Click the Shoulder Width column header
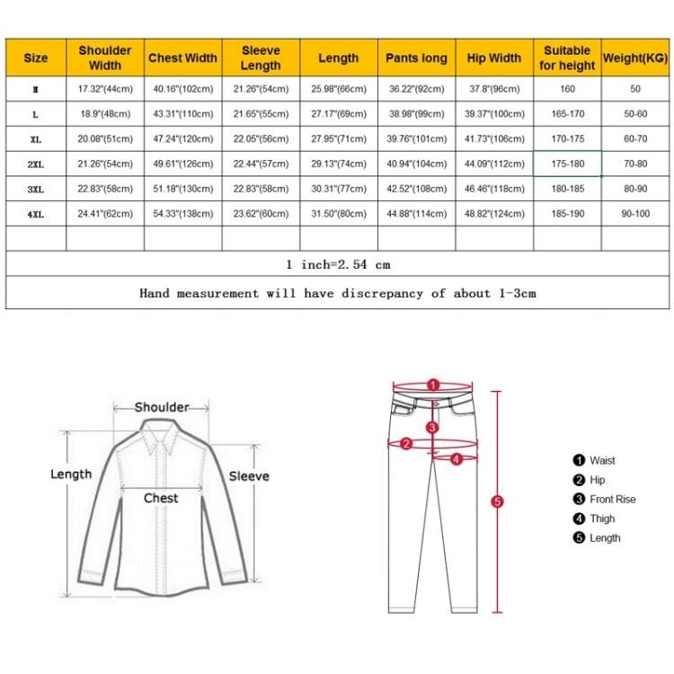[105, 58]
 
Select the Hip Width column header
[493, 58]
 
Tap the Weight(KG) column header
[635, 58]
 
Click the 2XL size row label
[36, 164]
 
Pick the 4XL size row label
[36, 214]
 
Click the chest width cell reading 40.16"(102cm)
[182, 89]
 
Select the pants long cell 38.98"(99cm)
[416, 114]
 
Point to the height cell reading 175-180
[567, 164]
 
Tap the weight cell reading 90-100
[635, 214]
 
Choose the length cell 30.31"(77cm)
[338, 190]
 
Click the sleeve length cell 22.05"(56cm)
[261, 139]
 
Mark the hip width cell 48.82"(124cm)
[493, 214]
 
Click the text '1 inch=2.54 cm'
[338, 264]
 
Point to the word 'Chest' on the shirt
[162, 498]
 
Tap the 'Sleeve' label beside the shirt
[249, 475]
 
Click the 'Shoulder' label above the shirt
[162, 407]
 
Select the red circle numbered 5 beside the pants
[498, 501]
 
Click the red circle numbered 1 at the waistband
[432, 385]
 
